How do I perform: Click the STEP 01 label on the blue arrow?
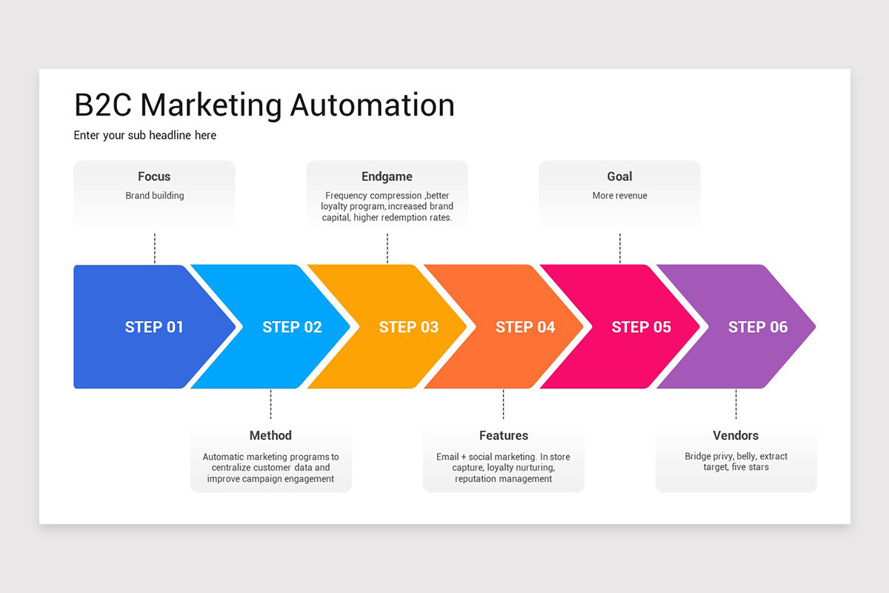pos(154,327)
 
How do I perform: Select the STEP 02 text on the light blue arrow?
pos(292,327)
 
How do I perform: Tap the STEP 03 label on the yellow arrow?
pos(408,327)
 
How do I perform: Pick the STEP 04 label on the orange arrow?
pos(525,327)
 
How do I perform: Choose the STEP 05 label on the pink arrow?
pos(641,327)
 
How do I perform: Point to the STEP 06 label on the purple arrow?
pos(757,327)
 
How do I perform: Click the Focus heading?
pos(154,176)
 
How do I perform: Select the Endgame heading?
pos(387,176)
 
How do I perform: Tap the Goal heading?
pos(619,176)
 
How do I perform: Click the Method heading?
pos(270,436)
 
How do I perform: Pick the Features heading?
pos(503,436)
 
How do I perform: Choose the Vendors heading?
pos(736,436)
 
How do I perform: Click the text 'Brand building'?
pos(154,196)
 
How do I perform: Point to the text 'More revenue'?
pos(619,196)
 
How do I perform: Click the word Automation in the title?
pos(372,105)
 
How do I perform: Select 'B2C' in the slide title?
pos(103,105)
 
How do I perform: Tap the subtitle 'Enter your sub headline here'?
pos(145,136)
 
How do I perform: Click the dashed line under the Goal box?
pos(619,248)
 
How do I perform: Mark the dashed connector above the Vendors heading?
pos(736,404)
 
